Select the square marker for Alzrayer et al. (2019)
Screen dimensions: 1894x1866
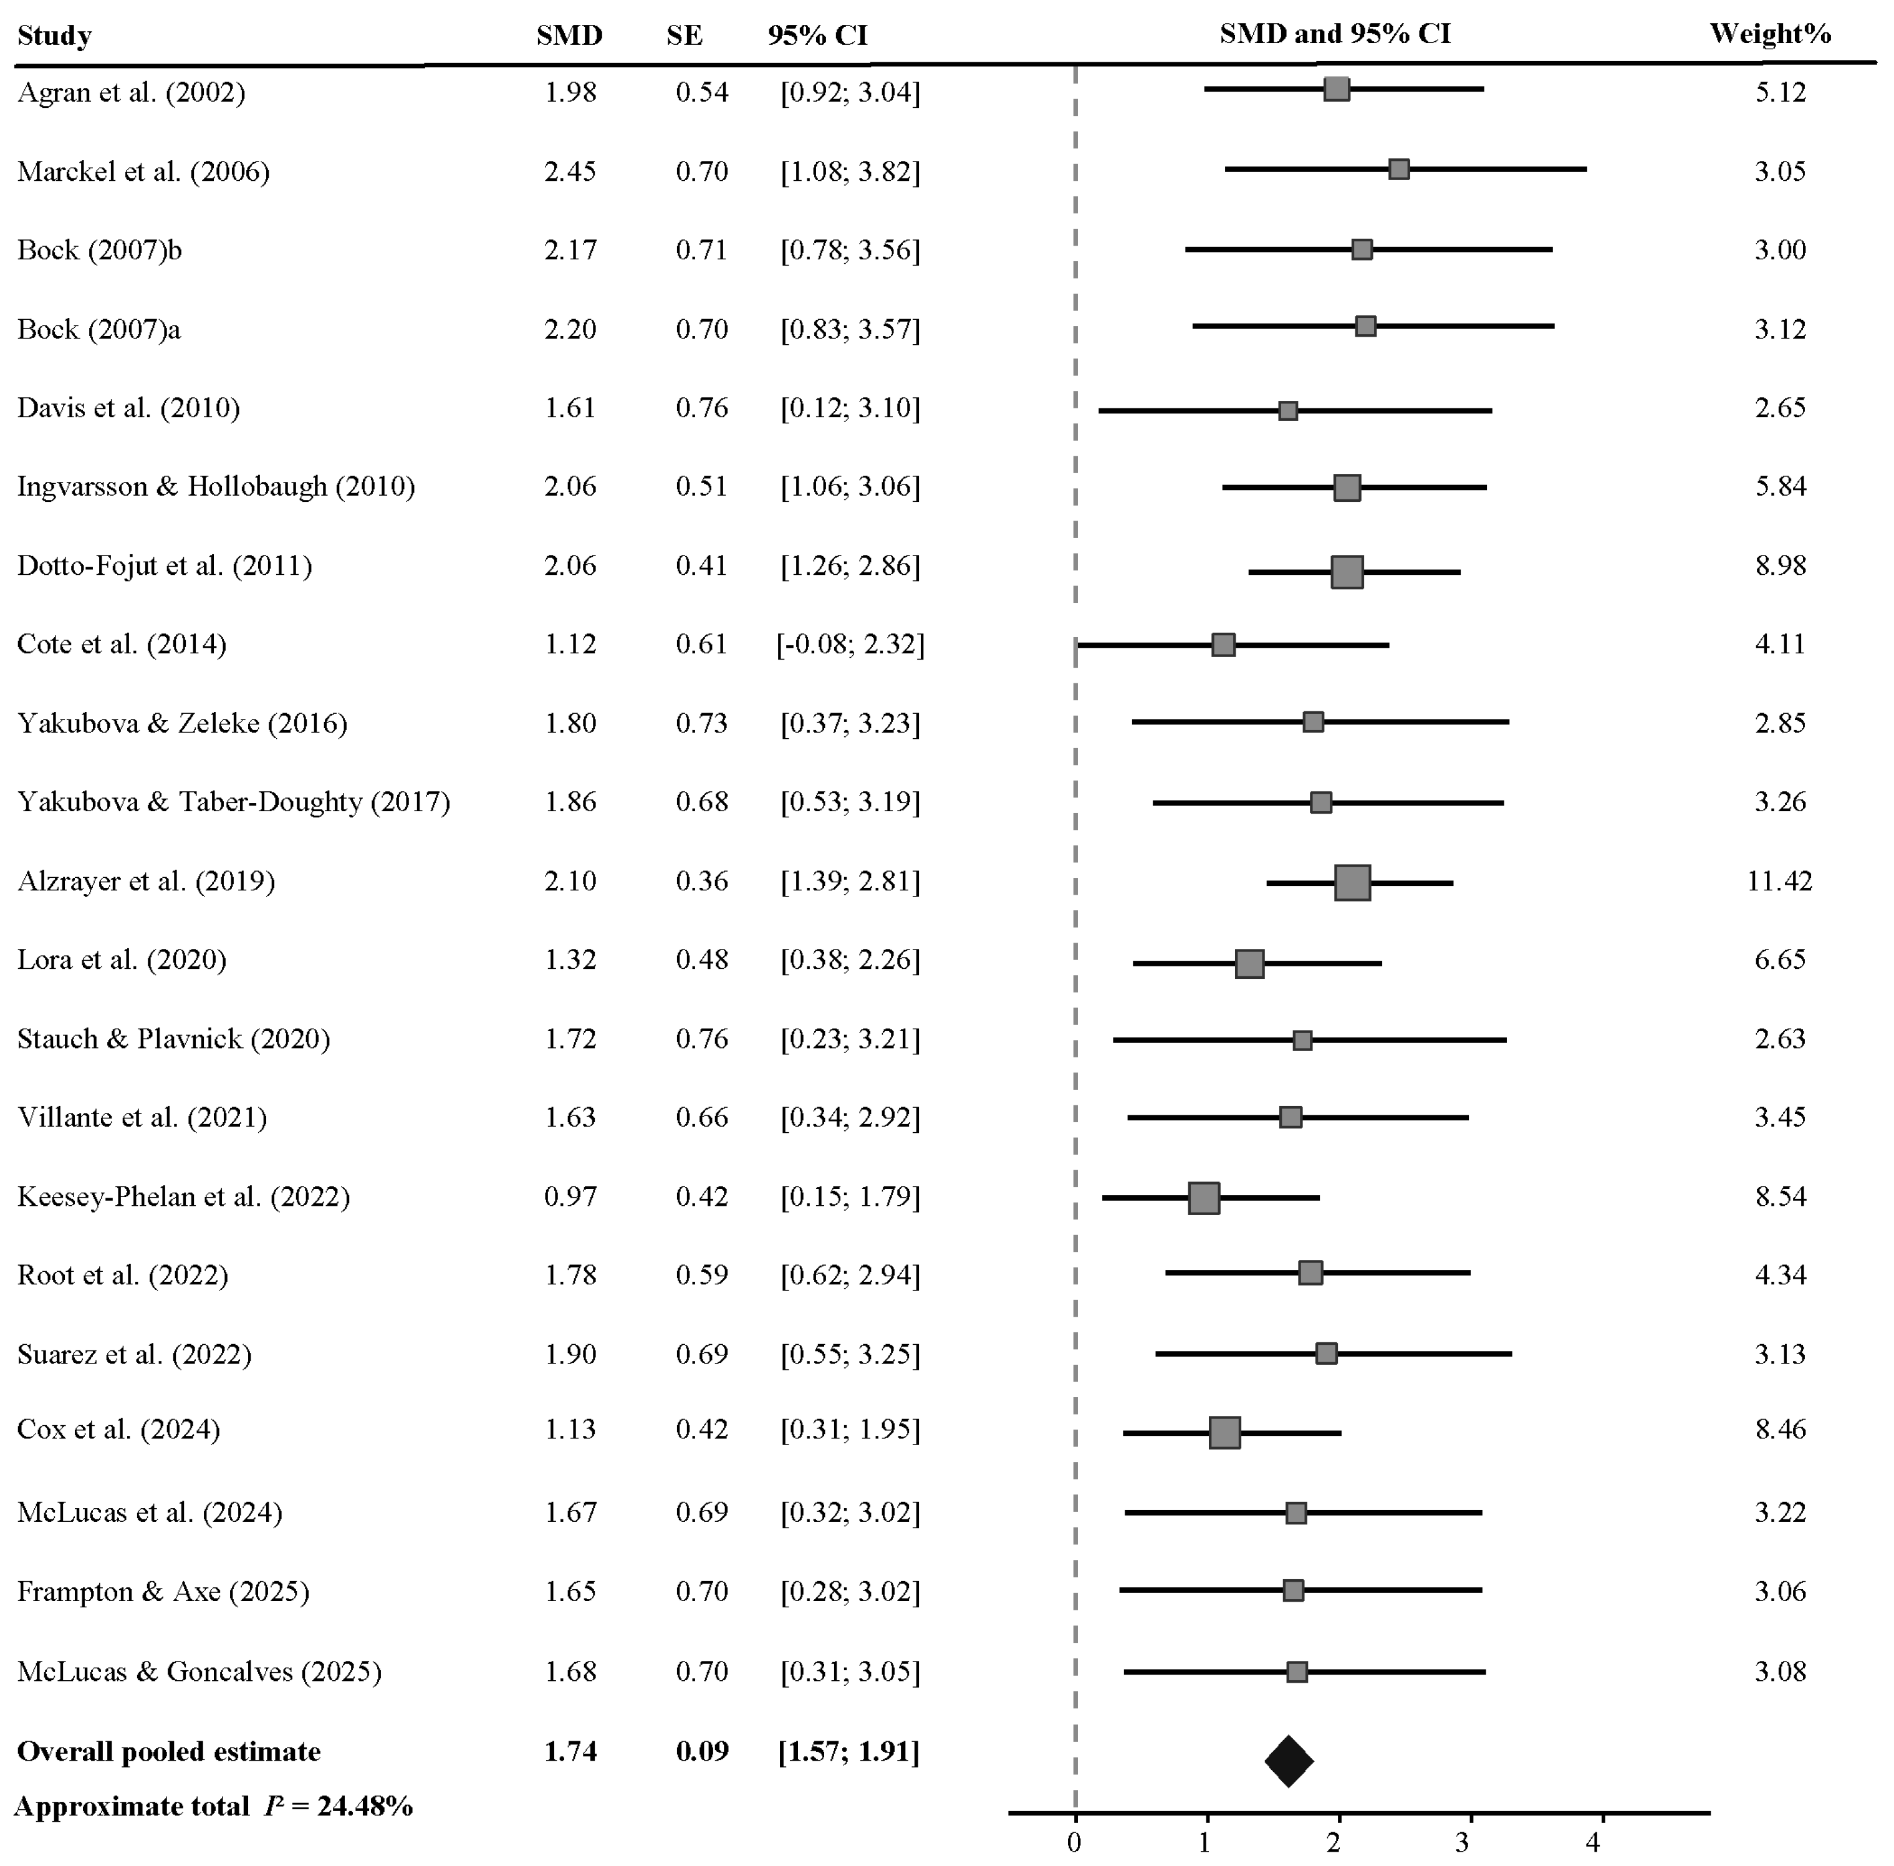1352,882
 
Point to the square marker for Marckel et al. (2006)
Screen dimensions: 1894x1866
1399,170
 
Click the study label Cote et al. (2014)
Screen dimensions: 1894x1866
122,644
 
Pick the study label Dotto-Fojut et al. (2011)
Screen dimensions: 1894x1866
165,565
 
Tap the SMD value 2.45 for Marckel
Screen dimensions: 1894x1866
570,171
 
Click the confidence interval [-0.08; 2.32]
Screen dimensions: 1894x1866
850,644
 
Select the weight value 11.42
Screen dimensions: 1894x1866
1779,880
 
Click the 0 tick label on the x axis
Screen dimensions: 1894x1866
1075,1842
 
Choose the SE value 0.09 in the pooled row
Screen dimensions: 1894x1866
701,1751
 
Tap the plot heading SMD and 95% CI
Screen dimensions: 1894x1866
1335,34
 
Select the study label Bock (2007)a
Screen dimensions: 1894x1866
99,329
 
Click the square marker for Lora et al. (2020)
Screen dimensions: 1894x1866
1249,963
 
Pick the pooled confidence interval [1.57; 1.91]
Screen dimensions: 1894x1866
848,1751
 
